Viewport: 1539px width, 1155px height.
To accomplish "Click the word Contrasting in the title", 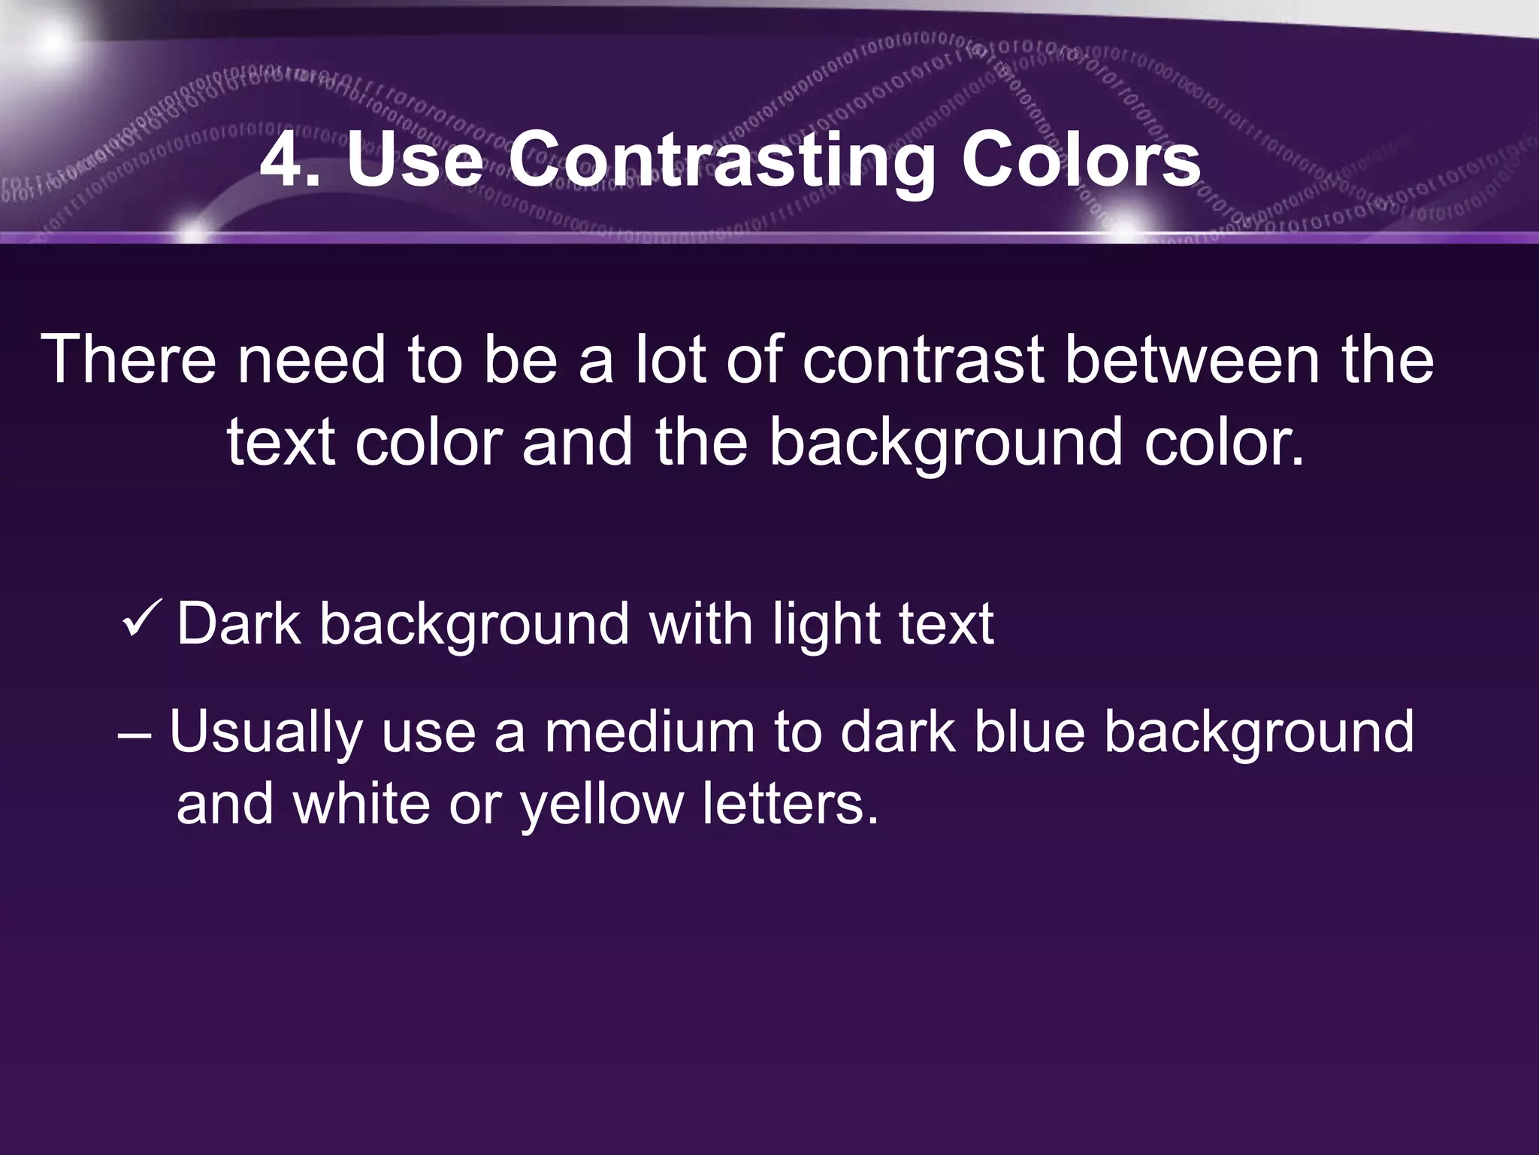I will pyautogui.click(x=721, y=160).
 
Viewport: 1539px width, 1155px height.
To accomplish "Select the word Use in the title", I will pyautogui.click(x=415, y=160).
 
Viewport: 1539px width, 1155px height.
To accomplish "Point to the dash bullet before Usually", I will pyautogui.click(x=135, y=734).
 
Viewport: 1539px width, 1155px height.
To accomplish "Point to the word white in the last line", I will pyautogui.click(x=361, y=802).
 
